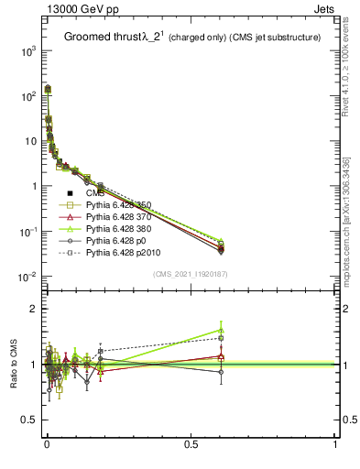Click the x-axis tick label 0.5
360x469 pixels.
pos(191,446)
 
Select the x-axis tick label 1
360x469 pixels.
pos(335,446)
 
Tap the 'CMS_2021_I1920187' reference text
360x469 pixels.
pos(190,274)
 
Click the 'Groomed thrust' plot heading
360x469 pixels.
pos(101,38)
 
